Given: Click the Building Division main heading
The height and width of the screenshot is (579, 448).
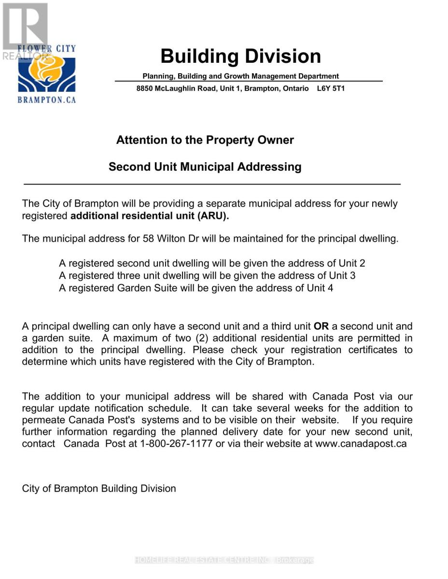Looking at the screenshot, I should pyautogui.click(x=240, y=56).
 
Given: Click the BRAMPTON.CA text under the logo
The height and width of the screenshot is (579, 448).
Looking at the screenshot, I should pyautogui.click(x=46, y=100).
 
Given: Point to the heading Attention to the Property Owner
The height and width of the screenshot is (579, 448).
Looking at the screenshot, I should pyautogui.click(x=205, y=140).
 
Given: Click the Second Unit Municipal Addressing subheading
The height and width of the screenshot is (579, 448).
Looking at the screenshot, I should pyautogui.click(x=205, y=167).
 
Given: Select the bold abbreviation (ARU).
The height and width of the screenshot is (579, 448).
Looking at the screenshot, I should pyautogui.click(x=213, y=216).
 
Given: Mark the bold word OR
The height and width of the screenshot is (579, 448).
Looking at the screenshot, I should pyautogui.click(x=321, y=327).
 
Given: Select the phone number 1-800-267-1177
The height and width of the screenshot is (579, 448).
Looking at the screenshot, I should pyautogui.click(x=176, y=444).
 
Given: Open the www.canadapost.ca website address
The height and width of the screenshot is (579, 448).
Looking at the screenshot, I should pyautogui.click(x=361, y=444).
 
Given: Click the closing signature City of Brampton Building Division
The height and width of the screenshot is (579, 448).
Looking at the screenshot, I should pyautogui.click(x=99, y=489).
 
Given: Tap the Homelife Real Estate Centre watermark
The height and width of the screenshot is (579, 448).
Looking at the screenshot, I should pyautogui.click(x=224, y=560).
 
